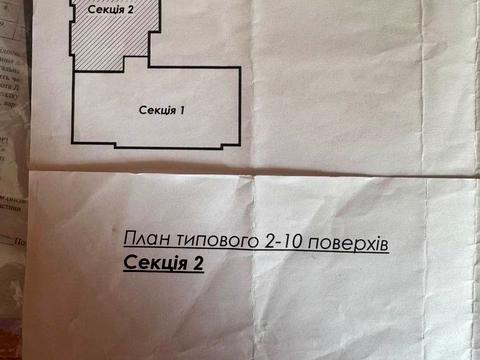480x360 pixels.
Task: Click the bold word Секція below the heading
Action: pos(156,263)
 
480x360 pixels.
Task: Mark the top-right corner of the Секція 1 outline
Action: pos(243,67)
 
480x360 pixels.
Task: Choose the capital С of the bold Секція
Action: pos(130,263)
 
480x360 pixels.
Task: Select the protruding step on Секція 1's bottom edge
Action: pos(160,146)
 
